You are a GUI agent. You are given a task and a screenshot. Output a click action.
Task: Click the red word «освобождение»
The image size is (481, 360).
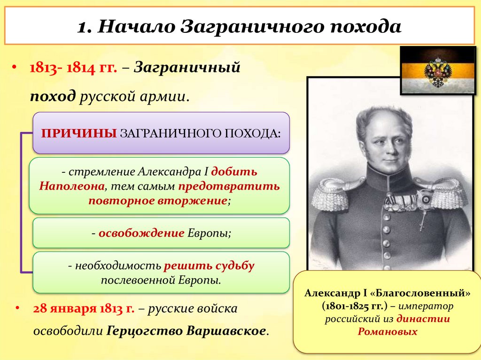[x=141, y=233]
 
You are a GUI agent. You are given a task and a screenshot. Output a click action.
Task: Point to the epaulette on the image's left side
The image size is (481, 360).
[x=332, y=192]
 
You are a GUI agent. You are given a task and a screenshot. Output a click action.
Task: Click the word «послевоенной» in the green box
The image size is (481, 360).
[x=131, y=280]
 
